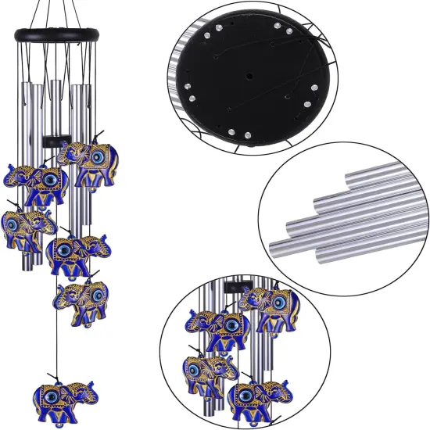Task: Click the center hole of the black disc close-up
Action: coord(248,77)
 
